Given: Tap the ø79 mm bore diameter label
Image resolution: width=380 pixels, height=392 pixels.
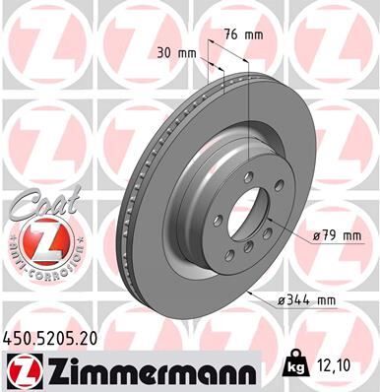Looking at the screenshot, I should pyautogui.click(x=336, y=234).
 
